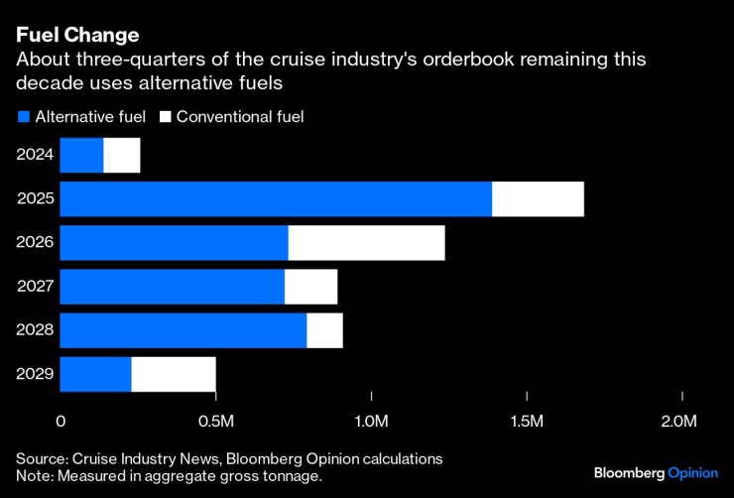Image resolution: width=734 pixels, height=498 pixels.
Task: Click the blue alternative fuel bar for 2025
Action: pyautogui.click(x=276, y=199)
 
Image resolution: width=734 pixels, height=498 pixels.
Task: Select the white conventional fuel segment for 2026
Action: pyautogui.click(x=366, y=243)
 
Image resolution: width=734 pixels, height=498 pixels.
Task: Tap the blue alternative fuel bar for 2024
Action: pyautogui.click(x=81, y=156)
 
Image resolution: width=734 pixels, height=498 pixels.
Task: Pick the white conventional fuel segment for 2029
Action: pyautogui.click(x=174, y=374)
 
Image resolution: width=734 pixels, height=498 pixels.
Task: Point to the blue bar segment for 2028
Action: pyautogui.click(x=183, y=330)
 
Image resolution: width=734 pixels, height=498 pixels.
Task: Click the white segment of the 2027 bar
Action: pyautogui.click(x=310, y=287)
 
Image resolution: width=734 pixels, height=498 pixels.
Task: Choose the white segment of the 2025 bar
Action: pyautogui.click(x=538, y=199)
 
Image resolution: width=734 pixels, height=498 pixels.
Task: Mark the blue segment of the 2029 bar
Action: pyautogui.click(x=95, y=374)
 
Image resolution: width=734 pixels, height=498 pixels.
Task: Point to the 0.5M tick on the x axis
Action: pyautogui.click(x=214, y=422)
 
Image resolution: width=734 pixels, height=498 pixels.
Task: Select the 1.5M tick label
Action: pyautogui.click(x=526, y=422)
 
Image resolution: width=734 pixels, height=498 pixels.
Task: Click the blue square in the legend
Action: pyautogui.click(x=23, y=117)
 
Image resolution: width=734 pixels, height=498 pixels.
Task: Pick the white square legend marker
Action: pyautogui.click(x=167, y=117)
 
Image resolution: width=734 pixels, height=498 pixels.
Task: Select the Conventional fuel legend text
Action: pyautogui.click(x=239, y=117)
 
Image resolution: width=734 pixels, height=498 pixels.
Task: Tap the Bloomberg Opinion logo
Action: pyautogui.click(x=656, y=472)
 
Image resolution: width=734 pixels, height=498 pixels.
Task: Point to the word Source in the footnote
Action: pyautogui.click(x=41, y=458)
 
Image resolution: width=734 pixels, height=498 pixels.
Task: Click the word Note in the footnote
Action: pyautogui.click(x=33, y=476)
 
